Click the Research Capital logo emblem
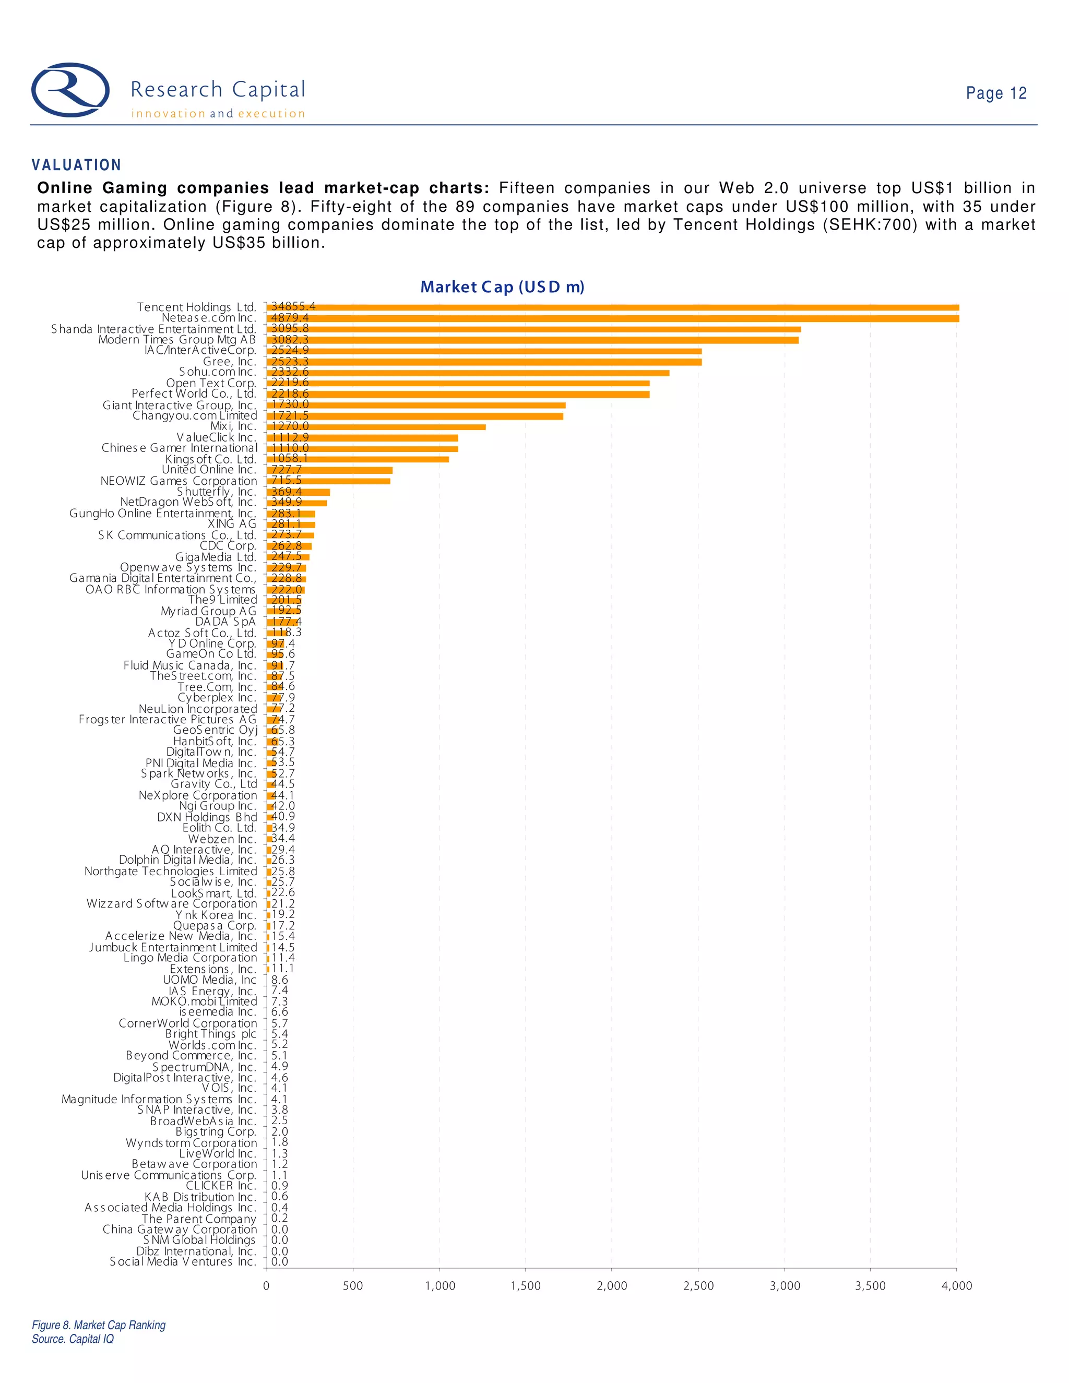[70, 90]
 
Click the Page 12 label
[995, 94]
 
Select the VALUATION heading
[77, 165]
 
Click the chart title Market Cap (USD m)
[502, 288]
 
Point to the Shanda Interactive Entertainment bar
[534, 329]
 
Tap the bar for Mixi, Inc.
[376, 427]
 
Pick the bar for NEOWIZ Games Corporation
[328, 481]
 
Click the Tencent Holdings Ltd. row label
[197, 307]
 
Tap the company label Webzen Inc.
[222, 839]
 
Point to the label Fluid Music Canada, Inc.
[190, 665]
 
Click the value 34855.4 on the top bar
[293, 306]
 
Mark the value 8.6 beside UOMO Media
[279, 980]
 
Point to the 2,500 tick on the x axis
[698, 1285]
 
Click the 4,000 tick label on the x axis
[956, 1285]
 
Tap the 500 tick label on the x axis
[353, 1285]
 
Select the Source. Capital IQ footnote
[73, 1339]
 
